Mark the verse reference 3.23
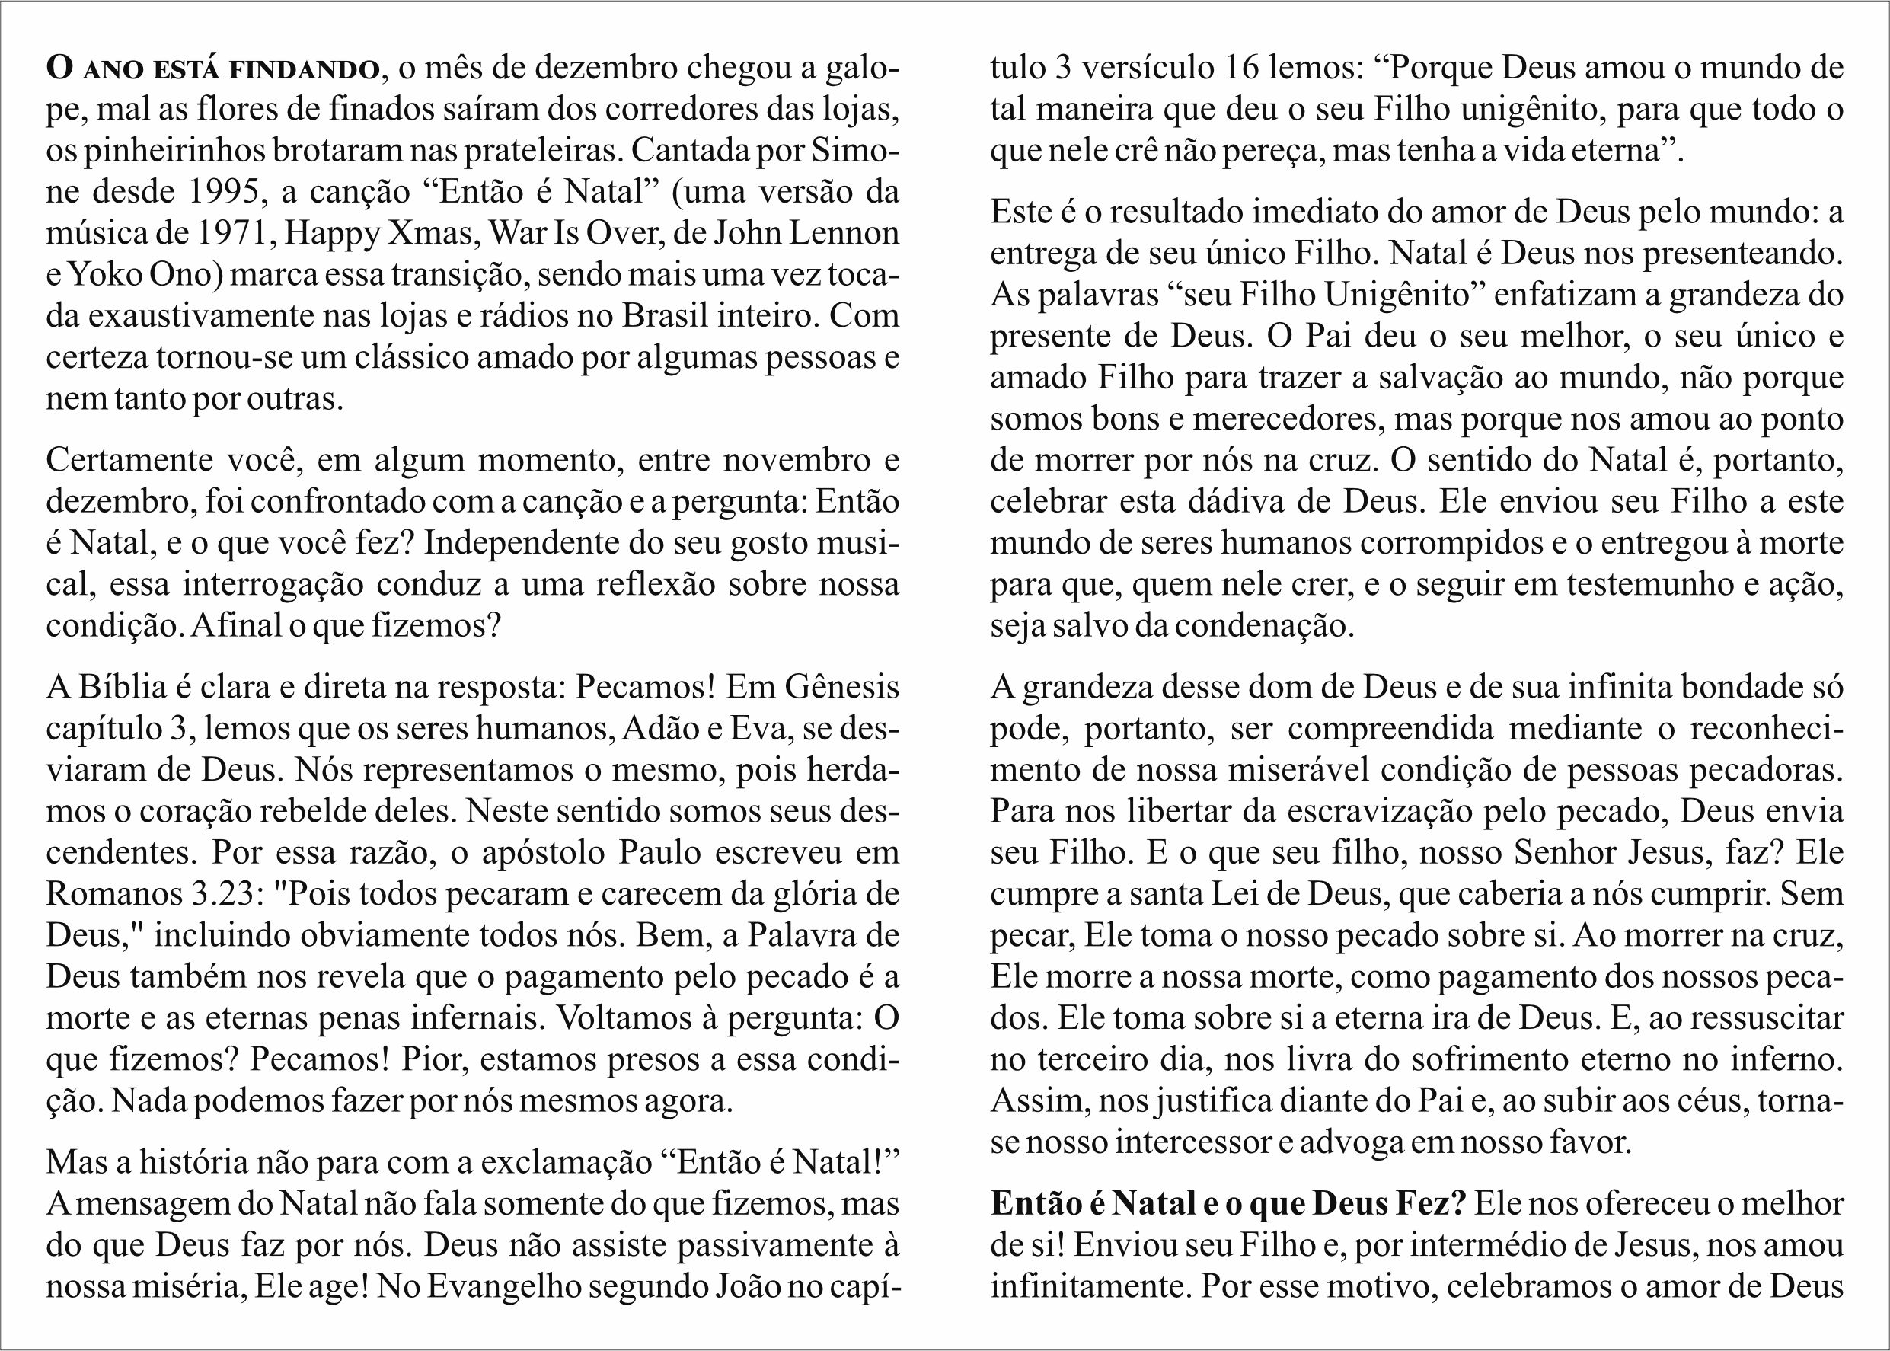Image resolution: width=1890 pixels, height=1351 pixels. [222, 894]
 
